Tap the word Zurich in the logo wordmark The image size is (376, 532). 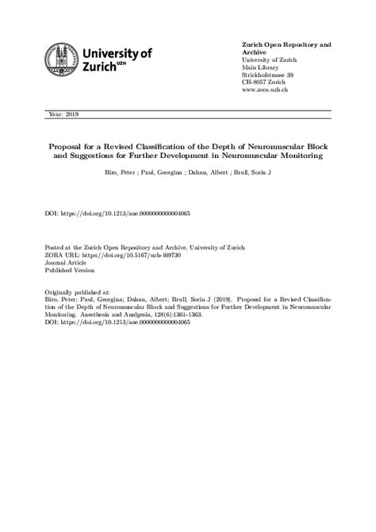[101, 69]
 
